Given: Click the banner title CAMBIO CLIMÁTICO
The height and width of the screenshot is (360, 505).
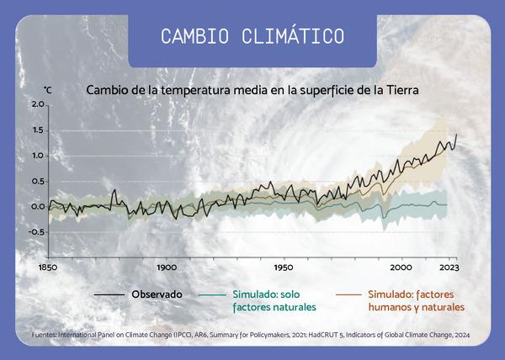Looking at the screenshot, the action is (x=252, y=35).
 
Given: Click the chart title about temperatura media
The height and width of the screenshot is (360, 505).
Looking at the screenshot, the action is (x=252, y=90).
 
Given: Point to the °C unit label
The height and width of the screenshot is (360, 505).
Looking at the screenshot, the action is (x=47, y=90).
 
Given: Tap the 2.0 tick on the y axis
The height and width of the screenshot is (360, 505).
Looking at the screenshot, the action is (x=38, y=104).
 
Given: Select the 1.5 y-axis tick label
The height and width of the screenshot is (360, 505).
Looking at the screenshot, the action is (x=37, y=130).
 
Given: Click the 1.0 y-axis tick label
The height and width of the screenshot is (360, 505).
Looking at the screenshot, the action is (x=37, y=156).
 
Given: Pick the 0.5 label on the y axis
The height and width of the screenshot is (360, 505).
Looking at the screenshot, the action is (x=37, y=181).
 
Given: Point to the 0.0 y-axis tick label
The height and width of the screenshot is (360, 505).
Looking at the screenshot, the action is (x=37, y=207).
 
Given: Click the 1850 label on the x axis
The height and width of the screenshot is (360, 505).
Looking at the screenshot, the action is (x=48, y=267).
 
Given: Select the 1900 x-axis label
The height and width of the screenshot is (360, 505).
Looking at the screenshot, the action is (x=167, y=267).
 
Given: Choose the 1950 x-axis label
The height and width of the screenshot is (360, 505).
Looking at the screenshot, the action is (x=284, y=267).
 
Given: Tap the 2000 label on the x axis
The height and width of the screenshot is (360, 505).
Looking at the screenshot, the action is (x=401, y=267).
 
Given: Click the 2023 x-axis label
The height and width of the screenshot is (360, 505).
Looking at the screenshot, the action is (x=449, y=267).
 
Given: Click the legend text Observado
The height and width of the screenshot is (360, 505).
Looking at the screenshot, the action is (x=157, y=294).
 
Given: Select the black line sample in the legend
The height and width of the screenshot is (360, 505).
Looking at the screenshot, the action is (x=109, y=294).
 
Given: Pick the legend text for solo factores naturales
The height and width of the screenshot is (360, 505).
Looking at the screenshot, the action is (x=274, y=301).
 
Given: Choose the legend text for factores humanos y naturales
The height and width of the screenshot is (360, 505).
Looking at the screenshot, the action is (x=417, y=301).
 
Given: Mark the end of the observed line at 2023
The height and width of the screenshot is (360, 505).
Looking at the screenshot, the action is (x=456, y=135).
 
